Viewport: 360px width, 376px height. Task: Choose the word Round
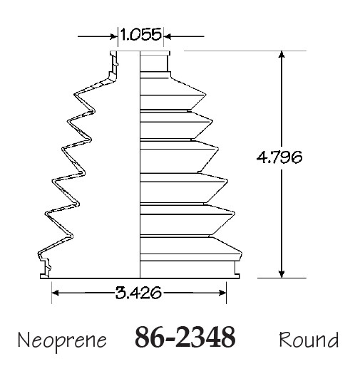[x=309, y=340]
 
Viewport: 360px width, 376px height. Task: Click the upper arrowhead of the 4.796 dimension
[x=283, y=57]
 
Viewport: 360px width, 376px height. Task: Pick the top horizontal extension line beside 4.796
[x=242, y=51]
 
